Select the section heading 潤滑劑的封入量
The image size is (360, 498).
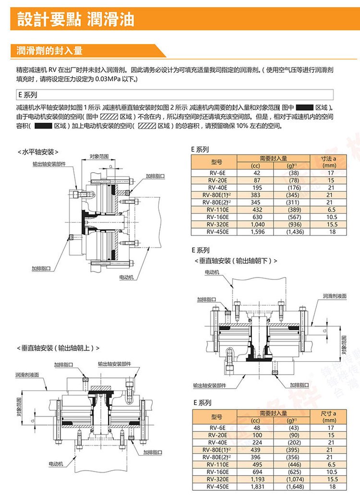(50, 50)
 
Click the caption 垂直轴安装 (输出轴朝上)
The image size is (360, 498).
(59, 347)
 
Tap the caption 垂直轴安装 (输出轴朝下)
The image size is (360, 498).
(236, 261)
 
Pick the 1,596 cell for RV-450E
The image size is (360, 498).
(256, 232)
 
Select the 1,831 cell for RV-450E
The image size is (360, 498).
(256, 486)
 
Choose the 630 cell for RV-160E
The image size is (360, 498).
(256, 216)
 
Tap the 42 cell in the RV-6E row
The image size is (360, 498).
(256, 172)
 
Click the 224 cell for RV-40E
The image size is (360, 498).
(256, 442)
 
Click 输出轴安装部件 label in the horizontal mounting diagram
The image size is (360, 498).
(48, 164)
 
